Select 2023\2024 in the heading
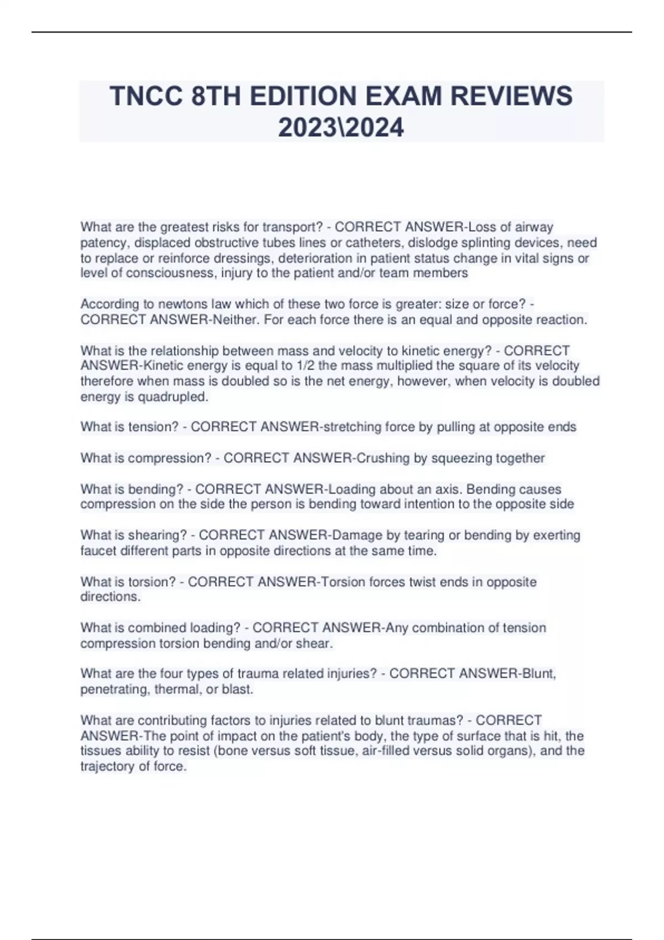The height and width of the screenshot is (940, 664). (x=341, y=128)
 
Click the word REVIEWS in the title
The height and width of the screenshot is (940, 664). (x=511, y=96)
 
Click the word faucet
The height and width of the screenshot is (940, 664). (x=97, y=551)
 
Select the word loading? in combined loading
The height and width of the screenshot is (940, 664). (x=215, y=628)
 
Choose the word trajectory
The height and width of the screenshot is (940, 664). (x=107, y=766)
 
